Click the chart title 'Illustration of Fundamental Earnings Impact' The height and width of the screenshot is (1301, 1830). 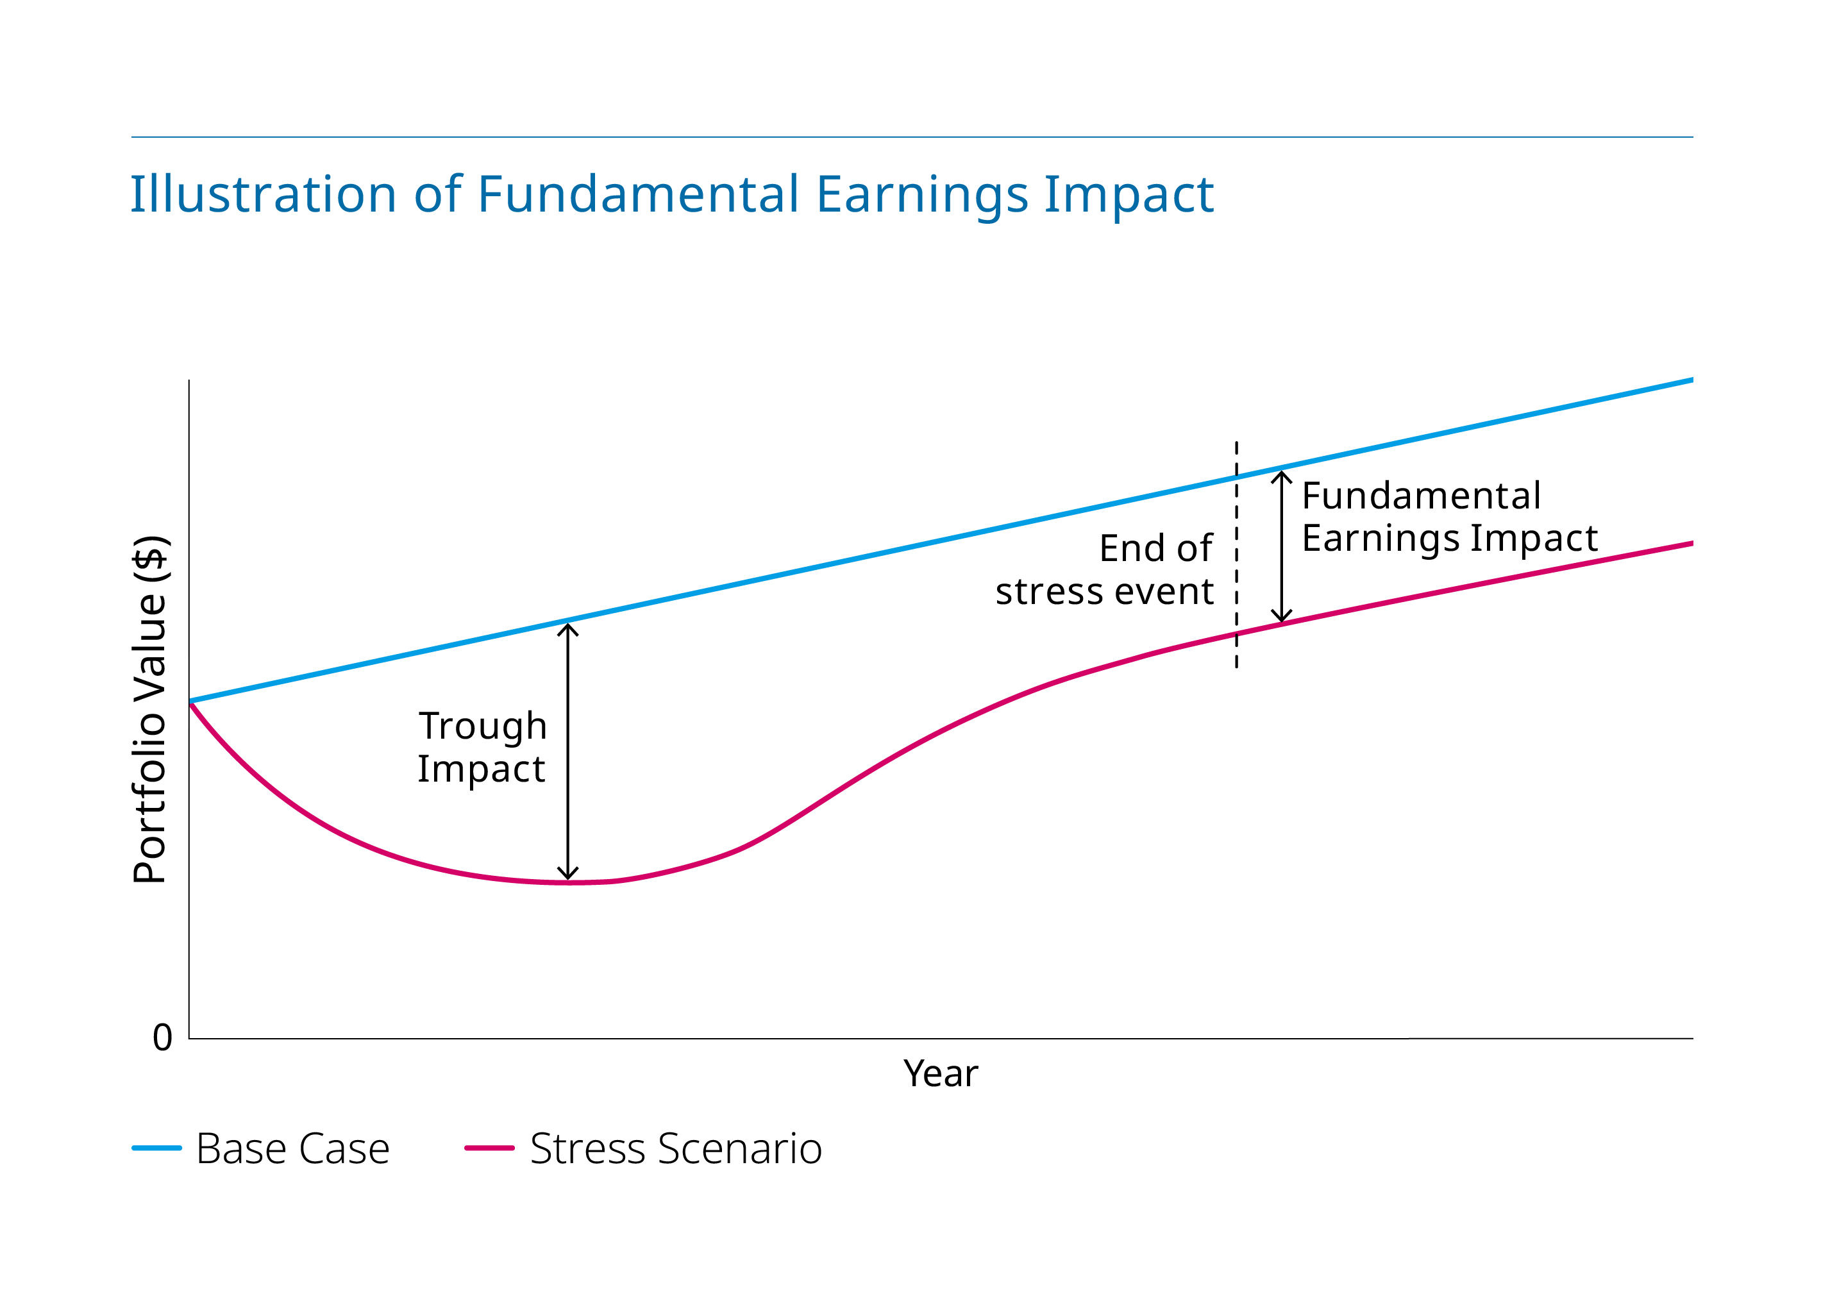(x=672, y=195)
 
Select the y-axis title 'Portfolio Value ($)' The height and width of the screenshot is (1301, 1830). (x=150, y=710)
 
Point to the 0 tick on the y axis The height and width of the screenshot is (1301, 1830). (x=163, y=1037)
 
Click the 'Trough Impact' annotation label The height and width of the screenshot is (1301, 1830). (x=482, y=748)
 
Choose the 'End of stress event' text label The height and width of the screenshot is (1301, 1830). (x=1104, y=569)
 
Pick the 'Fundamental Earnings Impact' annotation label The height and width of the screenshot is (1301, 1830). (x=1450, y=517)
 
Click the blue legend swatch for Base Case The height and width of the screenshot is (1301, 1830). (x=157, y=1148)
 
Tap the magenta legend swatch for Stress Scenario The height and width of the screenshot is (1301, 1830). (x=489, y=1148)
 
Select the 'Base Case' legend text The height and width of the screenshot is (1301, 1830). (x=293, y=1149)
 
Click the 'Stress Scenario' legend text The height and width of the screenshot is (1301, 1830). (x=676, y=1149)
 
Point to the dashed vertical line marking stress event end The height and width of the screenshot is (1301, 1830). (x=1236, y=555)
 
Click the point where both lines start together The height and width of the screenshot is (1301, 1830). (x=190, y=701)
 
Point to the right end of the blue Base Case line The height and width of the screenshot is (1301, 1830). (x=1692, y=380)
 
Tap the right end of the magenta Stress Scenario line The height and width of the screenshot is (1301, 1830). (x=1692, y=544)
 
